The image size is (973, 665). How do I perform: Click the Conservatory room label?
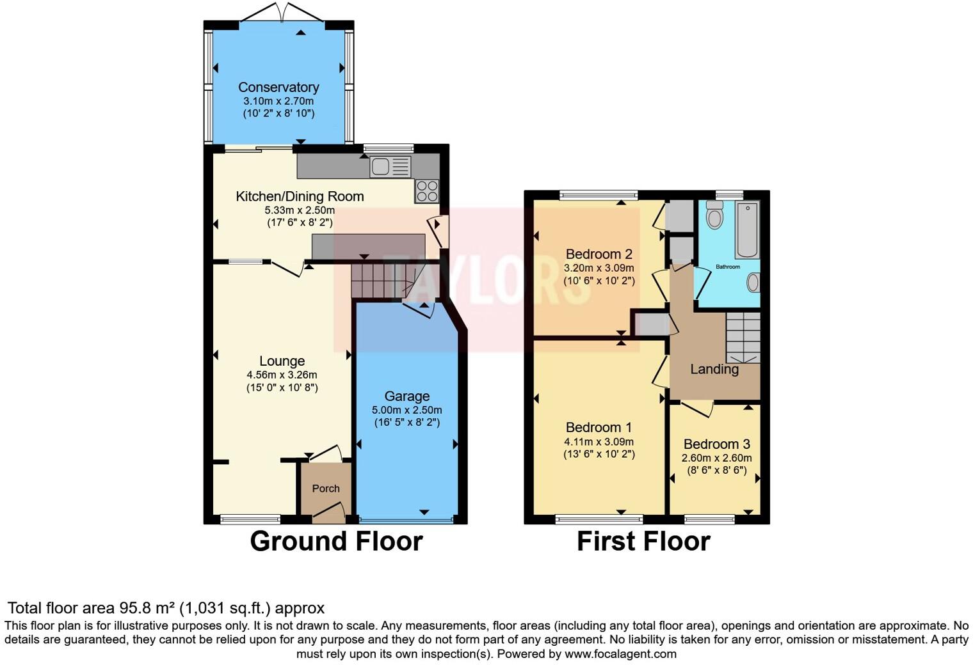point(278,87)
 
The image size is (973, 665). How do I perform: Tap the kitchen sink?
point(390,167)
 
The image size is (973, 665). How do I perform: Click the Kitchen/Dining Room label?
point(300,196)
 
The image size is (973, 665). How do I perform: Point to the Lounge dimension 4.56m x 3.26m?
point(282,375)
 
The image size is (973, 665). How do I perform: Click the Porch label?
point(326,489)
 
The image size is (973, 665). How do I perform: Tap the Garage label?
point(406,396)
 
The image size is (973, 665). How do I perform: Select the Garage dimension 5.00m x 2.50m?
point(406,410)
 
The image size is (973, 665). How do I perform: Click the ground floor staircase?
point(380,281)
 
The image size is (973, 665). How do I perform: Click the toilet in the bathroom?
point(714,215)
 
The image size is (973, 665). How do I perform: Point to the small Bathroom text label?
point(728,267)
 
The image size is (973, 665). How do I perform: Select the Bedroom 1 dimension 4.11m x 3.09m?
point(599,442)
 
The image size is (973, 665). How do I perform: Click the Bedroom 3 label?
point(716,444)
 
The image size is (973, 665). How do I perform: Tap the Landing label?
point(714,369)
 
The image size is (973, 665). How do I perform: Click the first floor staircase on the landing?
point(743,338)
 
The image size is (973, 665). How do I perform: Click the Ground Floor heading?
point(336,541)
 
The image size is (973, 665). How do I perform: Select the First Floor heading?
point(643,541)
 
